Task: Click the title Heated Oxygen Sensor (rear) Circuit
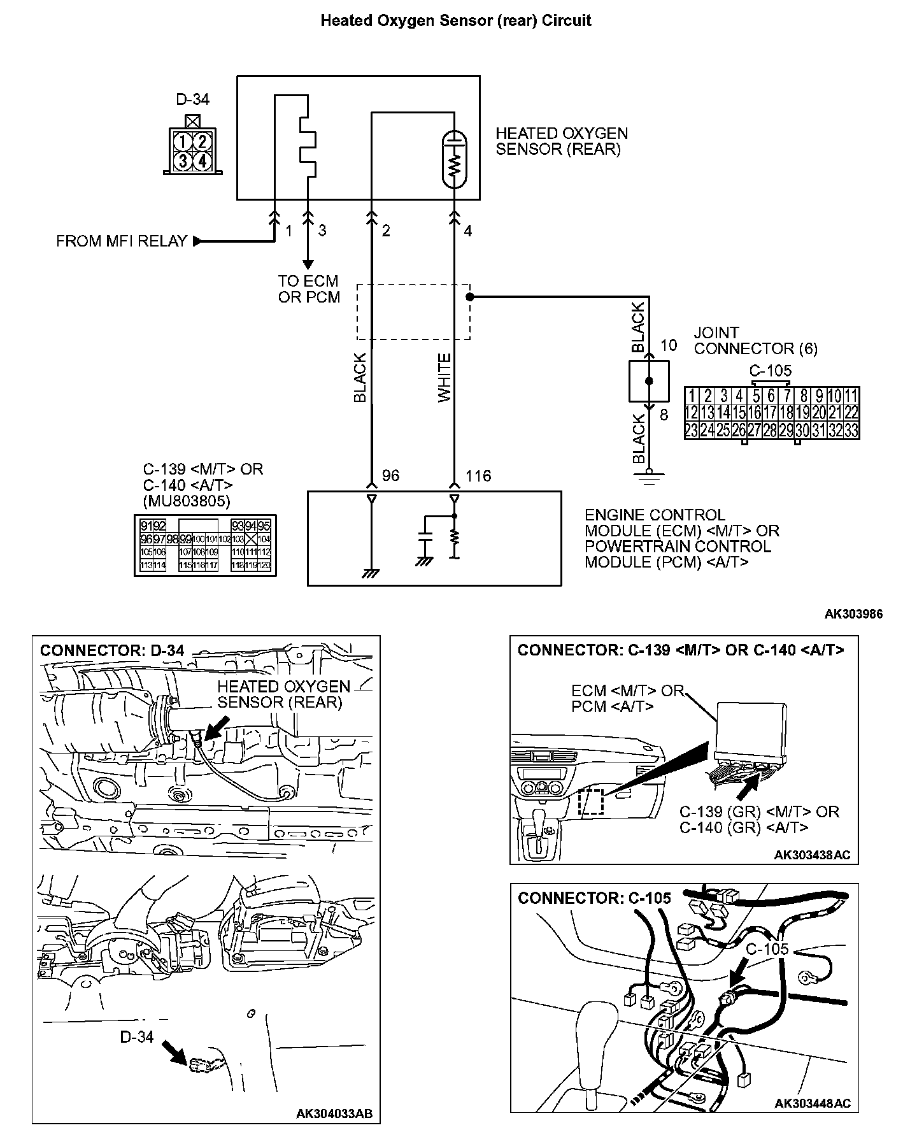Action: point(456,21)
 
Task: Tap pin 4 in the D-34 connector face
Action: point(201,160)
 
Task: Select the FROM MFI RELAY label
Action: point(122,241)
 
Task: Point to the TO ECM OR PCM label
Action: point(309,289)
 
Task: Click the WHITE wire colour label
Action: point(444,378)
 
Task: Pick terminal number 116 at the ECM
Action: point(478,476)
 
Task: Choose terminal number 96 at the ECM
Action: point(390,476)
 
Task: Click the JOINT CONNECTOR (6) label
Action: point(755,341)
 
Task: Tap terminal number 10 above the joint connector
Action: point(669,345)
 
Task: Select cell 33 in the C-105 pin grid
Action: point(851,431)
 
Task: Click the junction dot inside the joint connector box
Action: point(649,381)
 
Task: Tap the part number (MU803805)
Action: point(187,501)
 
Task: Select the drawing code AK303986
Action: point(853,614)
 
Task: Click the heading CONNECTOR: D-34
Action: point(112,650)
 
